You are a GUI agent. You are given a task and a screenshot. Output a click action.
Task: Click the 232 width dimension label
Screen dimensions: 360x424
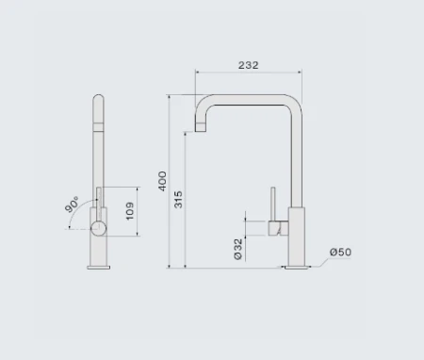click(x=248, y=65)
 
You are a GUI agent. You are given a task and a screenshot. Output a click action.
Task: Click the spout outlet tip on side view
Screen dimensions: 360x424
click(x=200, y=127)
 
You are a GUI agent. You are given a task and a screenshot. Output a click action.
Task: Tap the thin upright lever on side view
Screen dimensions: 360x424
click(x=273, y=202)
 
